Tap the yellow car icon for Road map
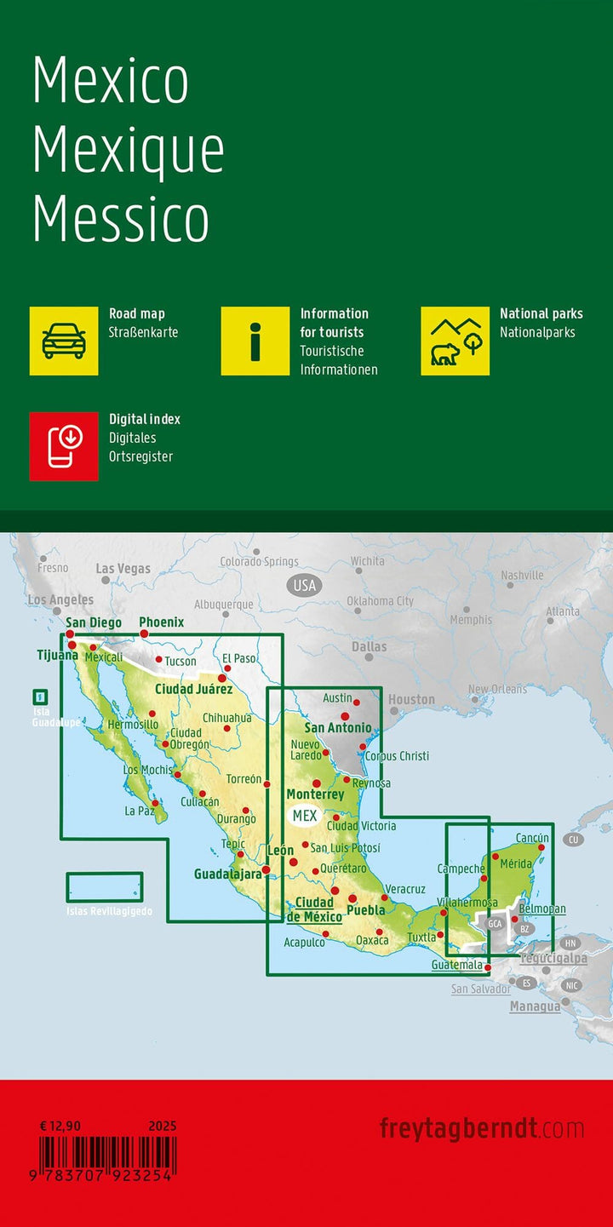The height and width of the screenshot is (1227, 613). click(x=64, y=341)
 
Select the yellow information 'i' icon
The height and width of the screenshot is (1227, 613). click(x=255, y=341)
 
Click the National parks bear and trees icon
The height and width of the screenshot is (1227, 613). click(x=455, y=341)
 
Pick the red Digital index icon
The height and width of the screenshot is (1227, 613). click(x=64, y=446)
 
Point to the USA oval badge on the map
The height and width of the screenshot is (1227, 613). click(x=304, y=585)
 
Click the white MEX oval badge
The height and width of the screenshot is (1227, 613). click(x=304, y=816)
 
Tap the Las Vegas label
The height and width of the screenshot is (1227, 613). click(x=123, y=568)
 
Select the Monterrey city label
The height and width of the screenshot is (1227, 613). click(x=315, y=794)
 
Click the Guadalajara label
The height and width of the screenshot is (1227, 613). click(x=227, y=874)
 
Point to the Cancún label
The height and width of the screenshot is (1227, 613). click(x=532, y=838)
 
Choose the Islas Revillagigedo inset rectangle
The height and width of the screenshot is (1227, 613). click(x=105, y=887)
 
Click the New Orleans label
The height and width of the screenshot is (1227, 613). click(x=497, y=689)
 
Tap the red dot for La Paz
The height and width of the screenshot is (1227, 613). click(x=155, y=803)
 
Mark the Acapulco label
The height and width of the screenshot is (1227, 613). click(x=304, y=942)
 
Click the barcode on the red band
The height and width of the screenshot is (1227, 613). click(x=107, y=1158)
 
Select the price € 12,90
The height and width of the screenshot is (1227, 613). click(x=60, y=1126)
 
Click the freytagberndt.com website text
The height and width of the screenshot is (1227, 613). click(x=482, y=1129)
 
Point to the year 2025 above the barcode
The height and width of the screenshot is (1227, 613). click(x=162, y=1126)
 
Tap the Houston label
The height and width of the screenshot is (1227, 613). click(x=411, y=699)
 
